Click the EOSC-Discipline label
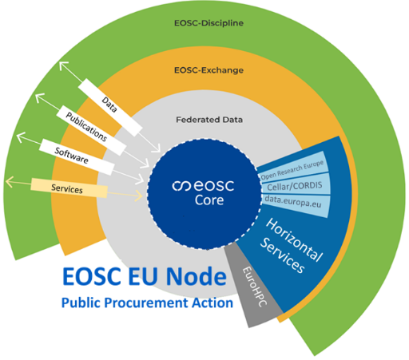(208, 23)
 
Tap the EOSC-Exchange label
(208, 70)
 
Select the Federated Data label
(209, 120)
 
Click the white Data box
(110, 107)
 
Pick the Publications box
(91, 130)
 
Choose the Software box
(77, 156)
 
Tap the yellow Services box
(69, 188)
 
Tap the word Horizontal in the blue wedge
(295, 239)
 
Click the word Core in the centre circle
(209, 200)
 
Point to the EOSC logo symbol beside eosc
(181, 186)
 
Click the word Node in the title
(197, 276)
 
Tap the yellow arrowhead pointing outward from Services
(9, 182)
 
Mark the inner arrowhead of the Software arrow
(141, 180)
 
